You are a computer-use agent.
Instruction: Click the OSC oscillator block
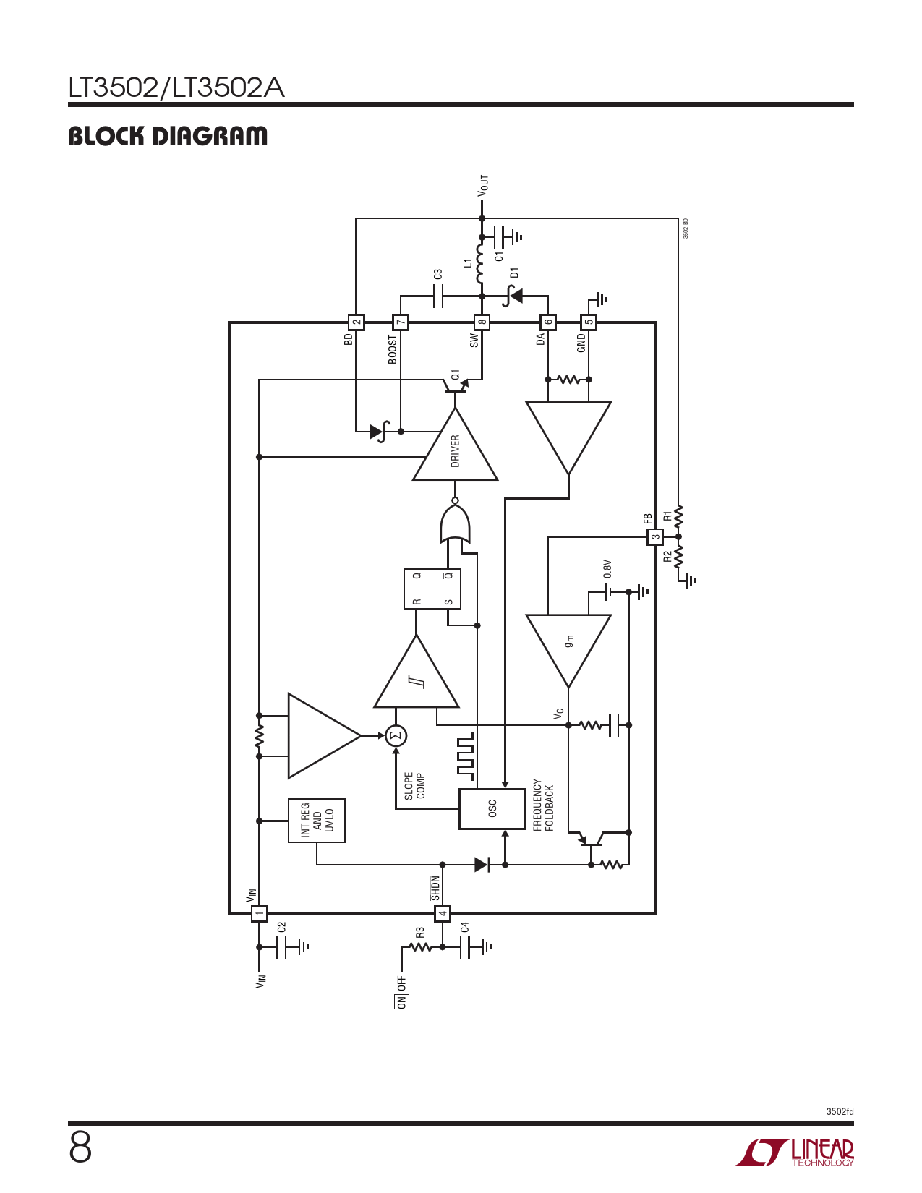pos(492,808)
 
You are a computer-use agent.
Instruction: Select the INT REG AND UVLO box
pos(317,820)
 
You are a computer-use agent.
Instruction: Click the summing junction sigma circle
pos(396,735)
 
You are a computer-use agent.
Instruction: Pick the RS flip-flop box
pos(432,589)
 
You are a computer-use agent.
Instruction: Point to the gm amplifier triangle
pos(568,651)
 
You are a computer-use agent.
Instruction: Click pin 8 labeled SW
pos(482,322)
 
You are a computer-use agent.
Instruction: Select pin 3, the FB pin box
pos(655,537)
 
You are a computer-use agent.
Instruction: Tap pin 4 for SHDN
pos(442,914)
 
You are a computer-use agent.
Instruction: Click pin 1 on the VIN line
pos(259,914)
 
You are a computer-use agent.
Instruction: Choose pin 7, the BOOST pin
pos(401,322)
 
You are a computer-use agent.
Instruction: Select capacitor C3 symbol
pos(437,296)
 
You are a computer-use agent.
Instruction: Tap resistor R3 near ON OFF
pos(420,947)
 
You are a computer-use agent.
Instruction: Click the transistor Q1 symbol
pos(456,386)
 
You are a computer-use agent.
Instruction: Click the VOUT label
pos(482,186)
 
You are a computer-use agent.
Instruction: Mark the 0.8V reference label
pos(607,569)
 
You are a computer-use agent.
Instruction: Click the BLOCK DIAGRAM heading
pos(168,137)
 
